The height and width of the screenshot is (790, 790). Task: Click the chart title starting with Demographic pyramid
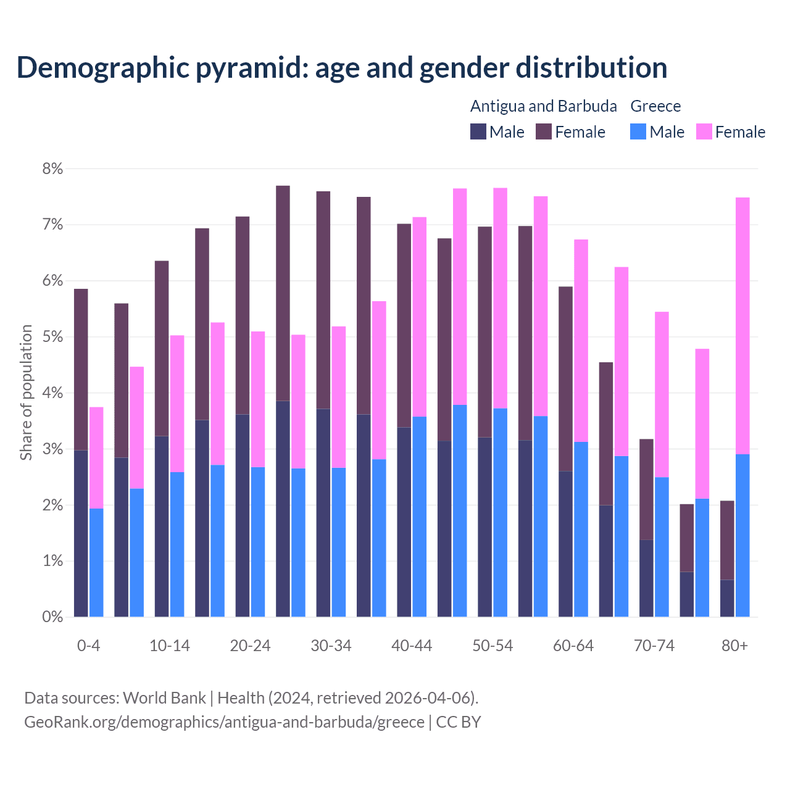(x=341, y=67)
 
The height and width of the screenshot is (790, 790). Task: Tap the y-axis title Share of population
(x=26, y=393)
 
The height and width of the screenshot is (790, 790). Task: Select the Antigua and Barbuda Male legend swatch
(x=478, y=132)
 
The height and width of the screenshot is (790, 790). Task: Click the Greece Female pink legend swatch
(x=704, y=132)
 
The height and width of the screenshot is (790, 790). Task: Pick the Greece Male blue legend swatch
(x=638, y=132)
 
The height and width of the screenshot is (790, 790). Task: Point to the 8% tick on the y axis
(x=52, y=169)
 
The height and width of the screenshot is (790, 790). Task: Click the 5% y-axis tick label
(x=52, y=337)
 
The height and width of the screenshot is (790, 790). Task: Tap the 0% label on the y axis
(x=52, y=617)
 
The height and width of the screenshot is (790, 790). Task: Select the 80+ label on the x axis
(x=734, y=646)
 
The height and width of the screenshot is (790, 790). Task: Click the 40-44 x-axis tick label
(x=412, y=646)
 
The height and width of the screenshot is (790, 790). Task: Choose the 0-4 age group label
(x=88, y=646)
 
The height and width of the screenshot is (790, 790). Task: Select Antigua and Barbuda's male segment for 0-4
(x=81, y=534)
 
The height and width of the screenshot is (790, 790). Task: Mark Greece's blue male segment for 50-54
(x=501, y=512)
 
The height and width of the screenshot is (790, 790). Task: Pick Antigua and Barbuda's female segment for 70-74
(x=646, y=489)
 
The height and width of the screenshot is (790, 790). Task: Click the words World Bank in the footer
(x=164, y=698)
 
